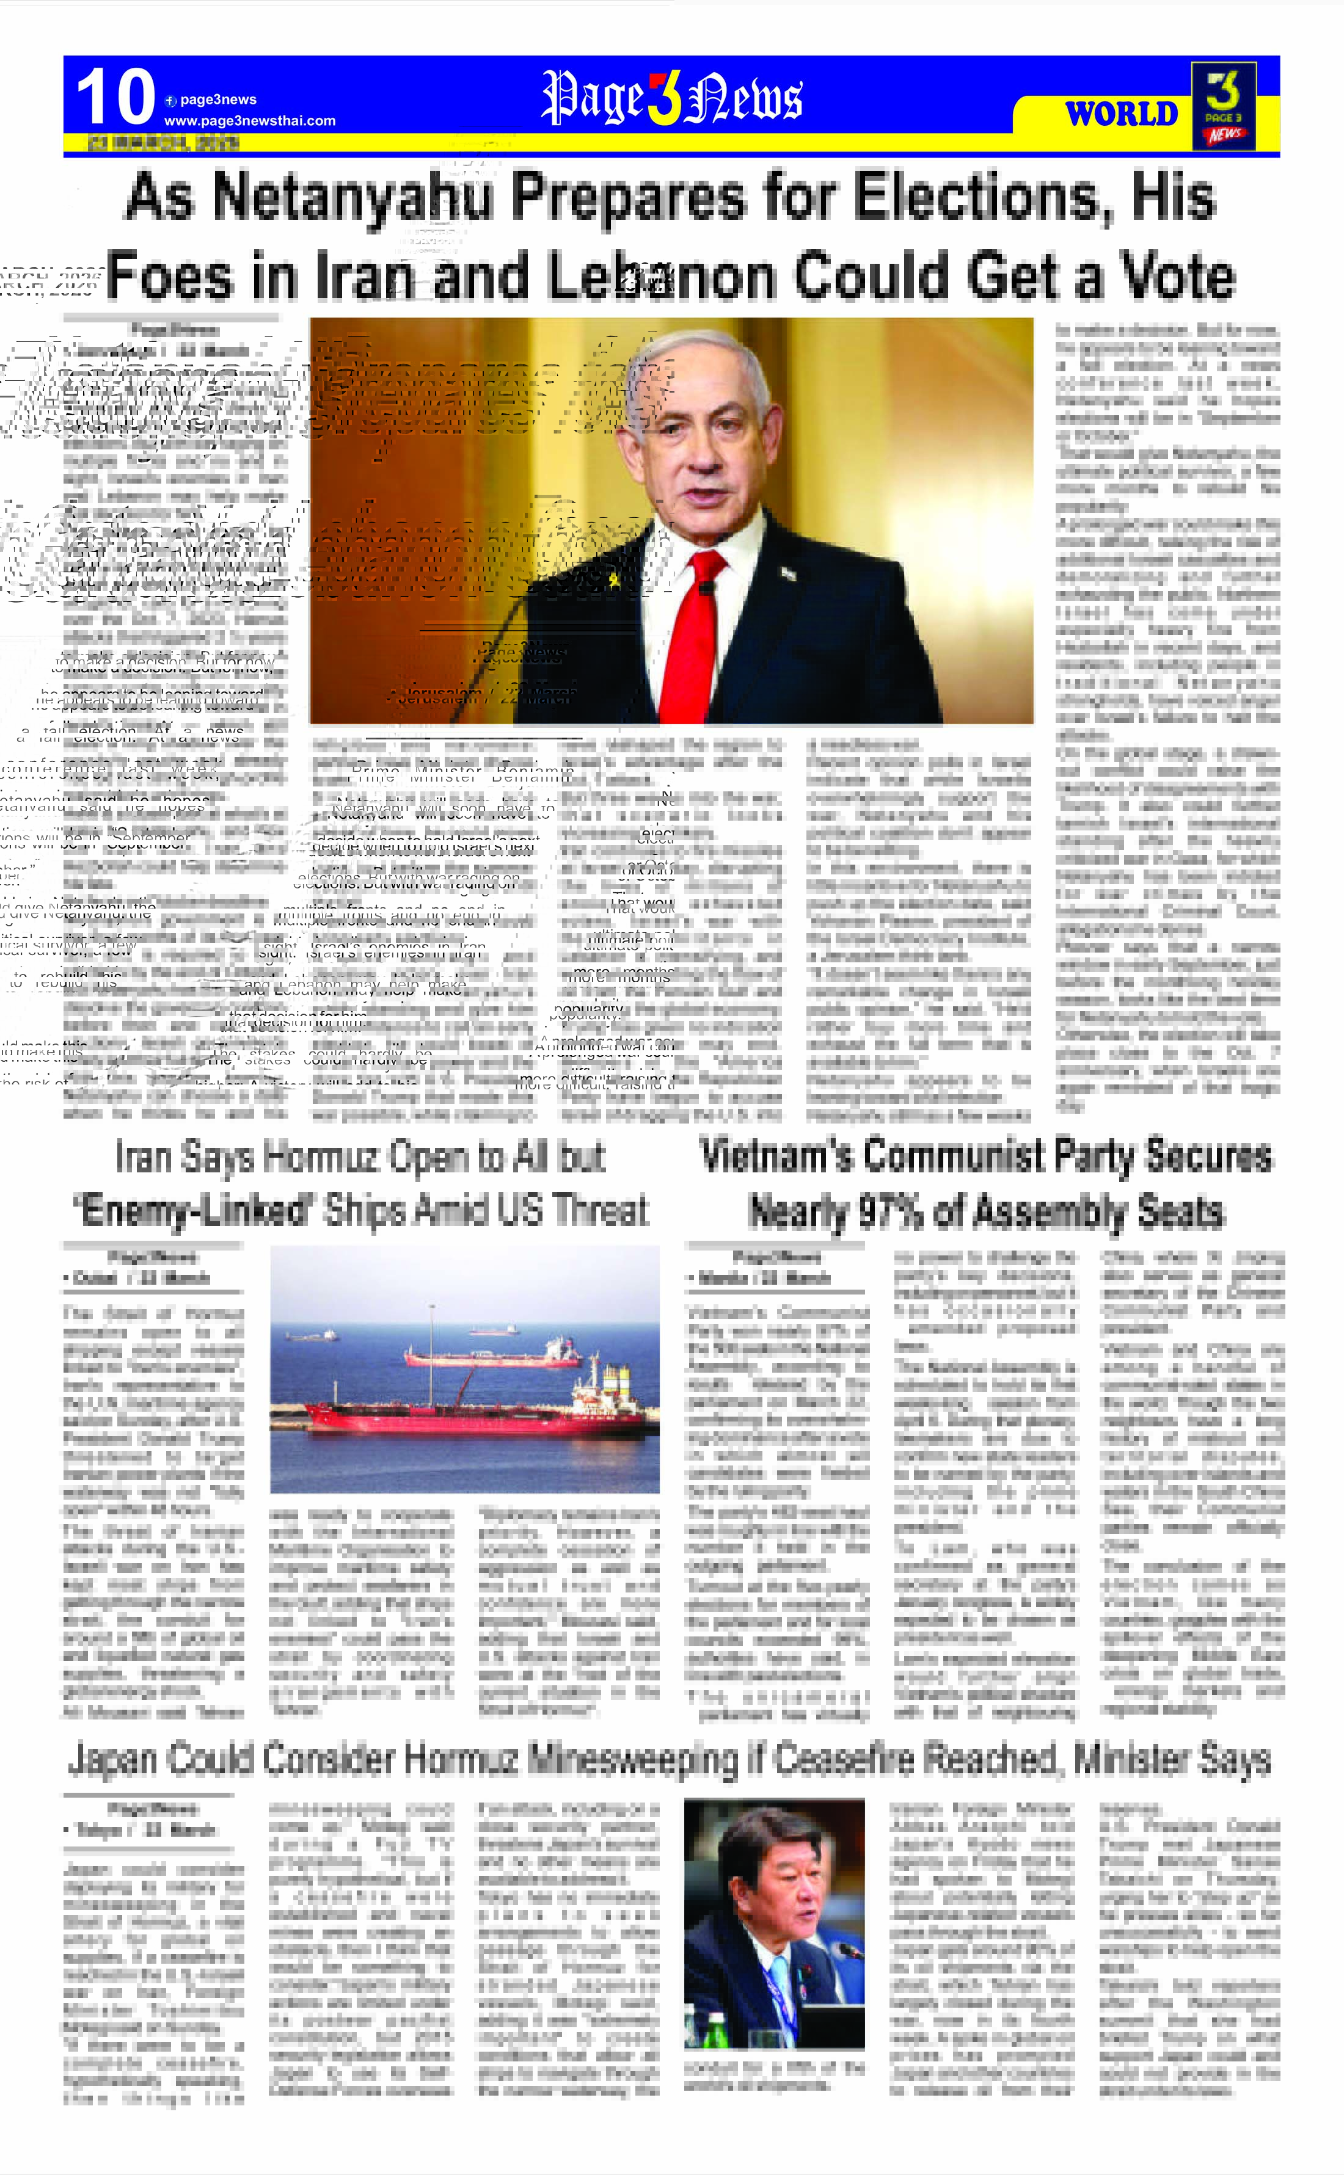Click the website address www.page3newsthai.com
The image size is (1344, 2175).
(250, 121)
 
